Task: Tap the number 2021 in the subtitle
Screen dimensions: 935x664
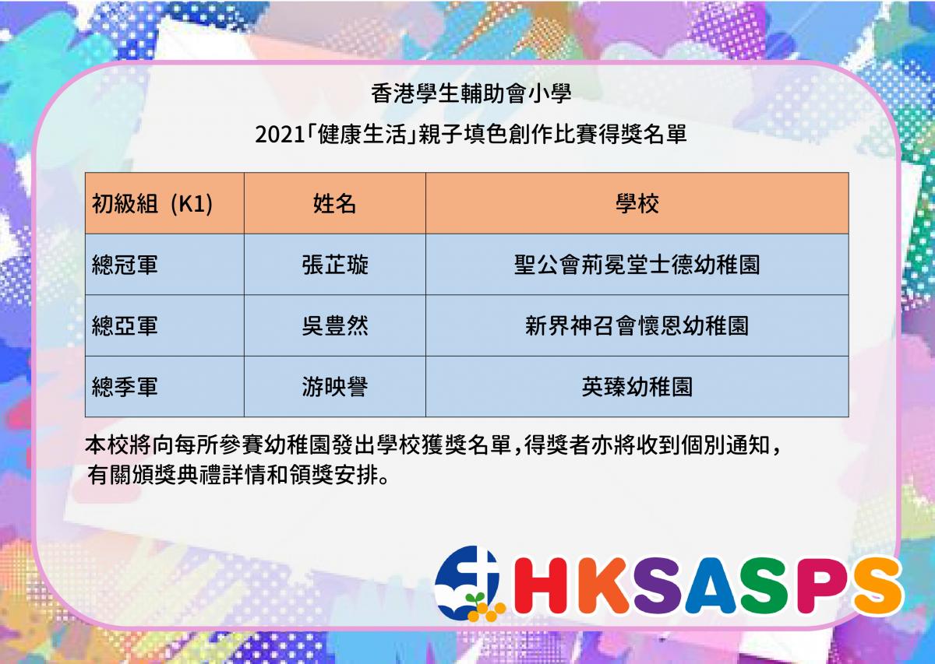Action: pos(279,135)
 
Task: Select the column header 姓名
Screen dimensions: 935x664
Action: pos(334,204)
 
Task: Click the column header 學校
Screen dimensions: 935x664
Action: pos(637,204)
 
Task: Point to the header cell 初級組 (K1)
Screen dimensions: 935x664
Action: pos(153,204)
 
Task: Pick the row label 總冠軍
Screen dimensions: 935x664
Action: pos(125,265)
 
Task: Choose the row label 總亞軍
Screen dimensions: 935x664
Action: pos(125,325)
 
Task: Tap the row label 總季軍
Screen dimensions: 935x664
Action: pos(125,387)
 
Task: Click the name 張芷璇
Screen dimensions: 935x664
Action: pos(335,265)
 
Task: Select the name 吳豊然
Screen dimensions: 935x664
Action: pos(335,325)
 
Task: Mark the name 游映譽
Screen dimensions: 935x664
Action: pos(335,387)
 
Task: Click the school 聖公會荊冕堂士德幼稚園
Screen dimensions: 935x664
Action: pos(637,265)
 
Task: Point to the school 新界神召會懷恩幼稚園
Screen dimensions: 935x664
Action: pos(637,325)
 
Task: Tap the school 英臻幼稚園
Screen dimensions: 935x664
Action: pos(637,387)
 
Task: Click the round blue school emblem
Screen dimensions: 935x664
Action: pos(467,583)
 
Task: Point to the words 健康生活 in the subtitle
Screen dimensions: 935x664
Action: pos(362,135)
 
